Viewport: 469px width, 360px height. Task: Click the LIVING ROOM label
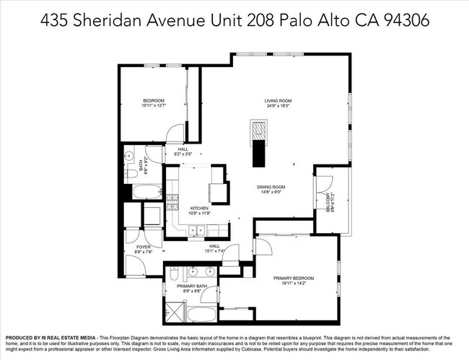point(279,101)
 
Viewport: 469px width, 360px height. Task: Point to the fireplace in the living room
point(259,132)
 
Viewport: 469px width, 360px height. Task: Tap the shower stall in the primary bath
point(173,313)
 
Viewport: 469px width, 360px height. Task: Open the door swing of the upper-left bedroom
point(173,132)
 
